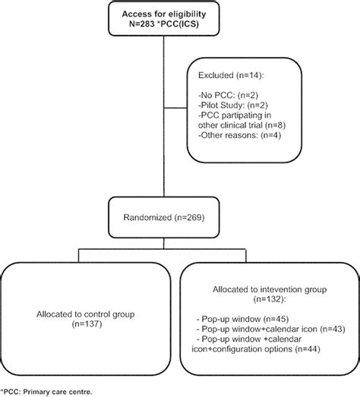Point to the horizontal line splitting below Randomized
coord(160,248)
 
